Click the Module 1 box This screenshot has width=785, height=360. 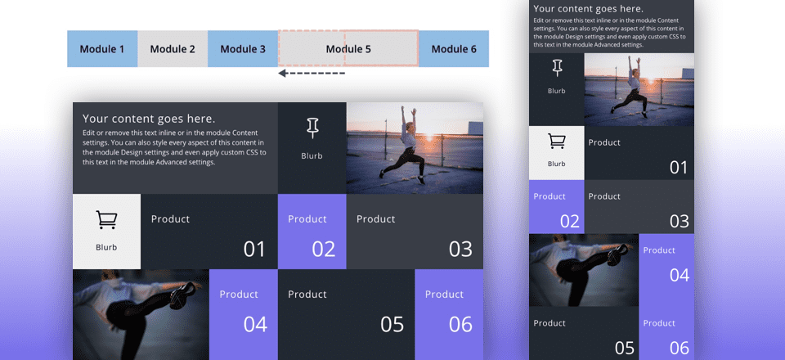pyautogui.click(x=102, y=49)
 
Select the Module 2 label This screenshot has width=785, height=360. pyautogui.click(x=173, y=49)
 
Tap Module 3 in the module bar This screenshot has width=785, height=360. pyautogui.click(x=243, y=49)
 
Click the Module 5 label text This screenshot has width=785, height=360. pyautogui.click(x=348, y=49)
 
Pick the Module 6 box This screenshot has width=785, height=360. pyautogui.click(x=454, y=49)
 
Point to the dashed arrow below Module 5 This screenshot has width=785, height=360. pyautogui.click(x=312, y=74)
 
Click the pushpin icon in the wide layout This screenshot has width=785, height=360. pyautogui.click(x=312, y=128)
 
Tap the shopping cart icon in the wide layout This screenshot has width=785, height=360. pyautogui.click(x=106, y=220)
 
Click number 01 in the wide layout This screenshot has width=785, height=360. pyautogui.click(x=255, y=249)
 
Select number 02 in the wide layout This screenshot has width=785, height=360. pyautogui.click(x=324, y=249)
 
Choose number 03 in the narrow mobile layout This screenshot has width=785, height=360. pyautogui.click(x=680, y=220)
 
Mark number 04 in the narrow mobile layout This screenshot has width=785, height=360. pyautogui.click(x=680, y=275)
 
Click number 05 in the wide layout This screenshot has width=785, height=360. pyautogui.click(x=392, y=324)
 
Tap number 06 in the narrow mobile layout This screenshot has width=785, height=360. pyautogui.click(x=680, y=348)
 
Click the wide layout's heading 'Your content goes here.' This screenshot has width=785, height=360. pyautogui.click(x=149, y=119)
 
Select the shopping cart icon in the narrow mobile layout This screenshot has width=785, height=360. pyautogui.click(x=557, y=142)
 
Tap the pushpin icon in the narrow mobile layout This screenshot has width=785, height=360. pyautogui.click(x=557, y=68)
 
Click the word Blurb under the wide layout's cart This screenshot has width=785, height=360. pyautogui.click(x=106, y=247)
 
